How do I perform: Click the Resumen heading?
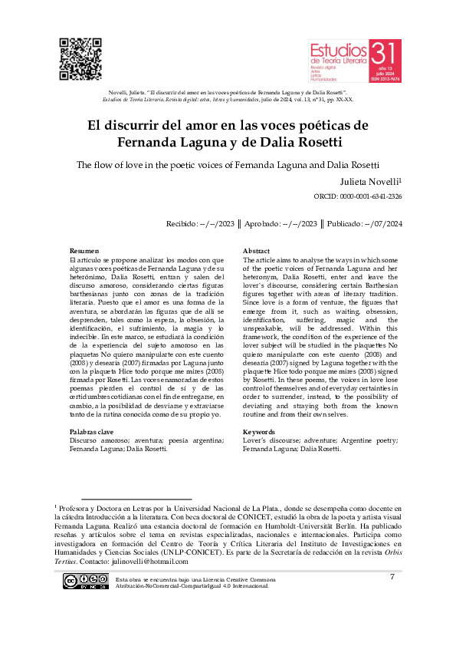pos(84,252)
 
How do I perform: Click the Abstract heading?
pos(256,252)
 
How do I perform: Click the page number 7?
pos(392,576)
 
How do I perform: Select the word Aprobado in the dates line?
pos(270,224)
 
